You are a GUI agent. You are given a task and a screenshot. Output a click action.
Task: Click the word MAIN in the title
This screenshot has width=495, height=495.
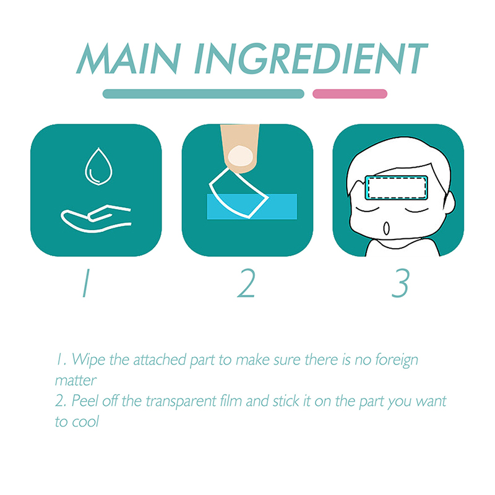[x=129, y=58]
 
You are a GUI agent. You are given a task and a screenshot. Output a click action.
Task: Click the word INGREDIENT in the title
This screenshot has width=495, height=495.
[x=311, y=58]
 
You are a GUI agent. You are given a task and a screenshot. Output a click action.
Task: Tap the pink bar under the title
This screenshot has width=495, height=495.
[x=350, y=94]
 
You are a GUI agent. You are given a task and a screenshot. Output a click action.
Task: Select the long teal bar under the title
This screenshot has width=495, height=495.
[x=204, y=94]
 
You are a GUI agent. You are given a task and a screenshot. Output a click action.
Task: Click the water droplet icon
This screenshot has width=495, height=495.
[x=98, y=166]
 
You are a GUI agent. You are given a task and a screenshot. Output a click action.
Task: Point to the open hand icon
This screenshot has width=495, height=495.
[x=96, y=218]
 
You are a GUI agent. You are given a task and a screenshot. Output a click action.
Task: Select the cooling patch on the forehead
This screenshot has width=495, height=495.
[x=397, y=188]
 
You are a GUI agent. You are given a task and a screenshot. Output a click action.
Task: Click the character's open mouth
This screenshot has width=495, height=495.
[x=386, y=228]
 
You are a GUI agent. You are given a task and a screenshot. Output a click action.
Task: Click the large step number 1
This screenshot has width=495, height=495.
[x=86, y=283]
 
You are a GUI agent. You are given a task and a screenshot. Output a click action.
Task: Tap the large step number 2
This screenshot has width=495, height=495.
[x=246, y=283]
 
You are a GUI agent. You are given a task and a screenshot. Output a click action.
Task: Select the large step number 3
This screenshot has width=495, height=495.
[x=400, y=283]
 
